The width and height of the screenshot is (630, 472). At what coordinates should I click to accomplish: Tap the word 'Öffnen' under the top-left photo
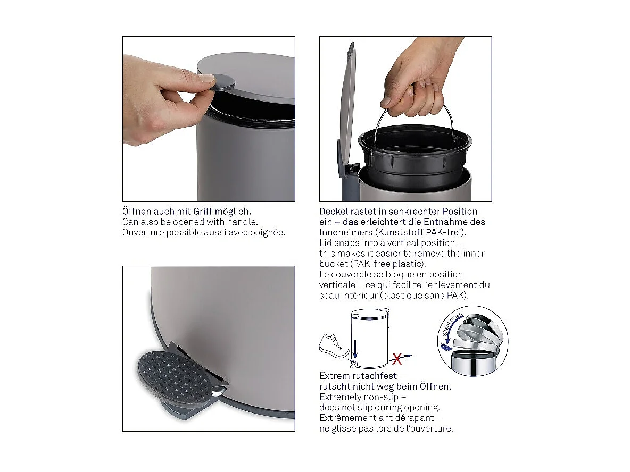pyautogui.click(x=137, y=211)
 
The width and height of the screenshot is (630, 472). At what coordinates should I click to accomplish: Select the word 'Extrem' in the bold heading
pyautogui.click(x=335, y=376)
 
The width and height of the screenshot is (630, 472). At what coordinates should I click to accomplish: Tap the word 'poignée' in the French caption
pyautogui.click(x=269, y=232)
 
